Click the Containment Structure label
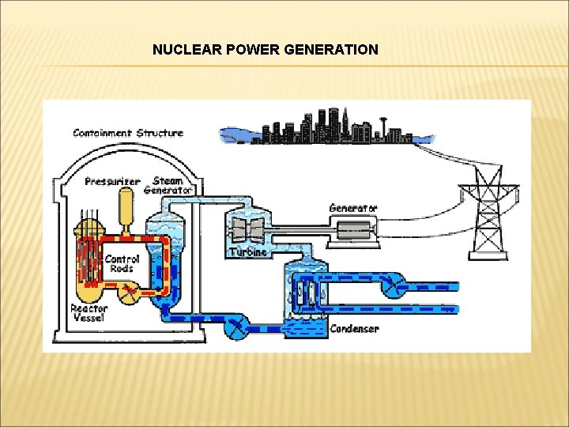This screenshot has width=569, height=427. coord(128,133)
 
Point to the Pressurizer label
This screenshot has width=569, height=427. coord(113,181)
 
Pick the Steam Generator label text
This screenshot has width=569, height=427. coord(168,185)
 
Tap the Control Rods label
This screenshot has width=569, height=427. coord(122,263)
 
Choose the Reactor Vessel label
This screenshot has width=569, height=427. coord(89,313)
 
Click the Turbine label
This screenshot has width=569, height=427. coord(247,252)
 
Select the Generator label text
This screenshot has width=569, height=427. coord(353,208)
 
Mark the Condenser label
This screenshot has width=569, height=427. coord(354,328)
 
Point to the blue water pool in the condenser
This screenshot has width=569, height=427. coord(306,326)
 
